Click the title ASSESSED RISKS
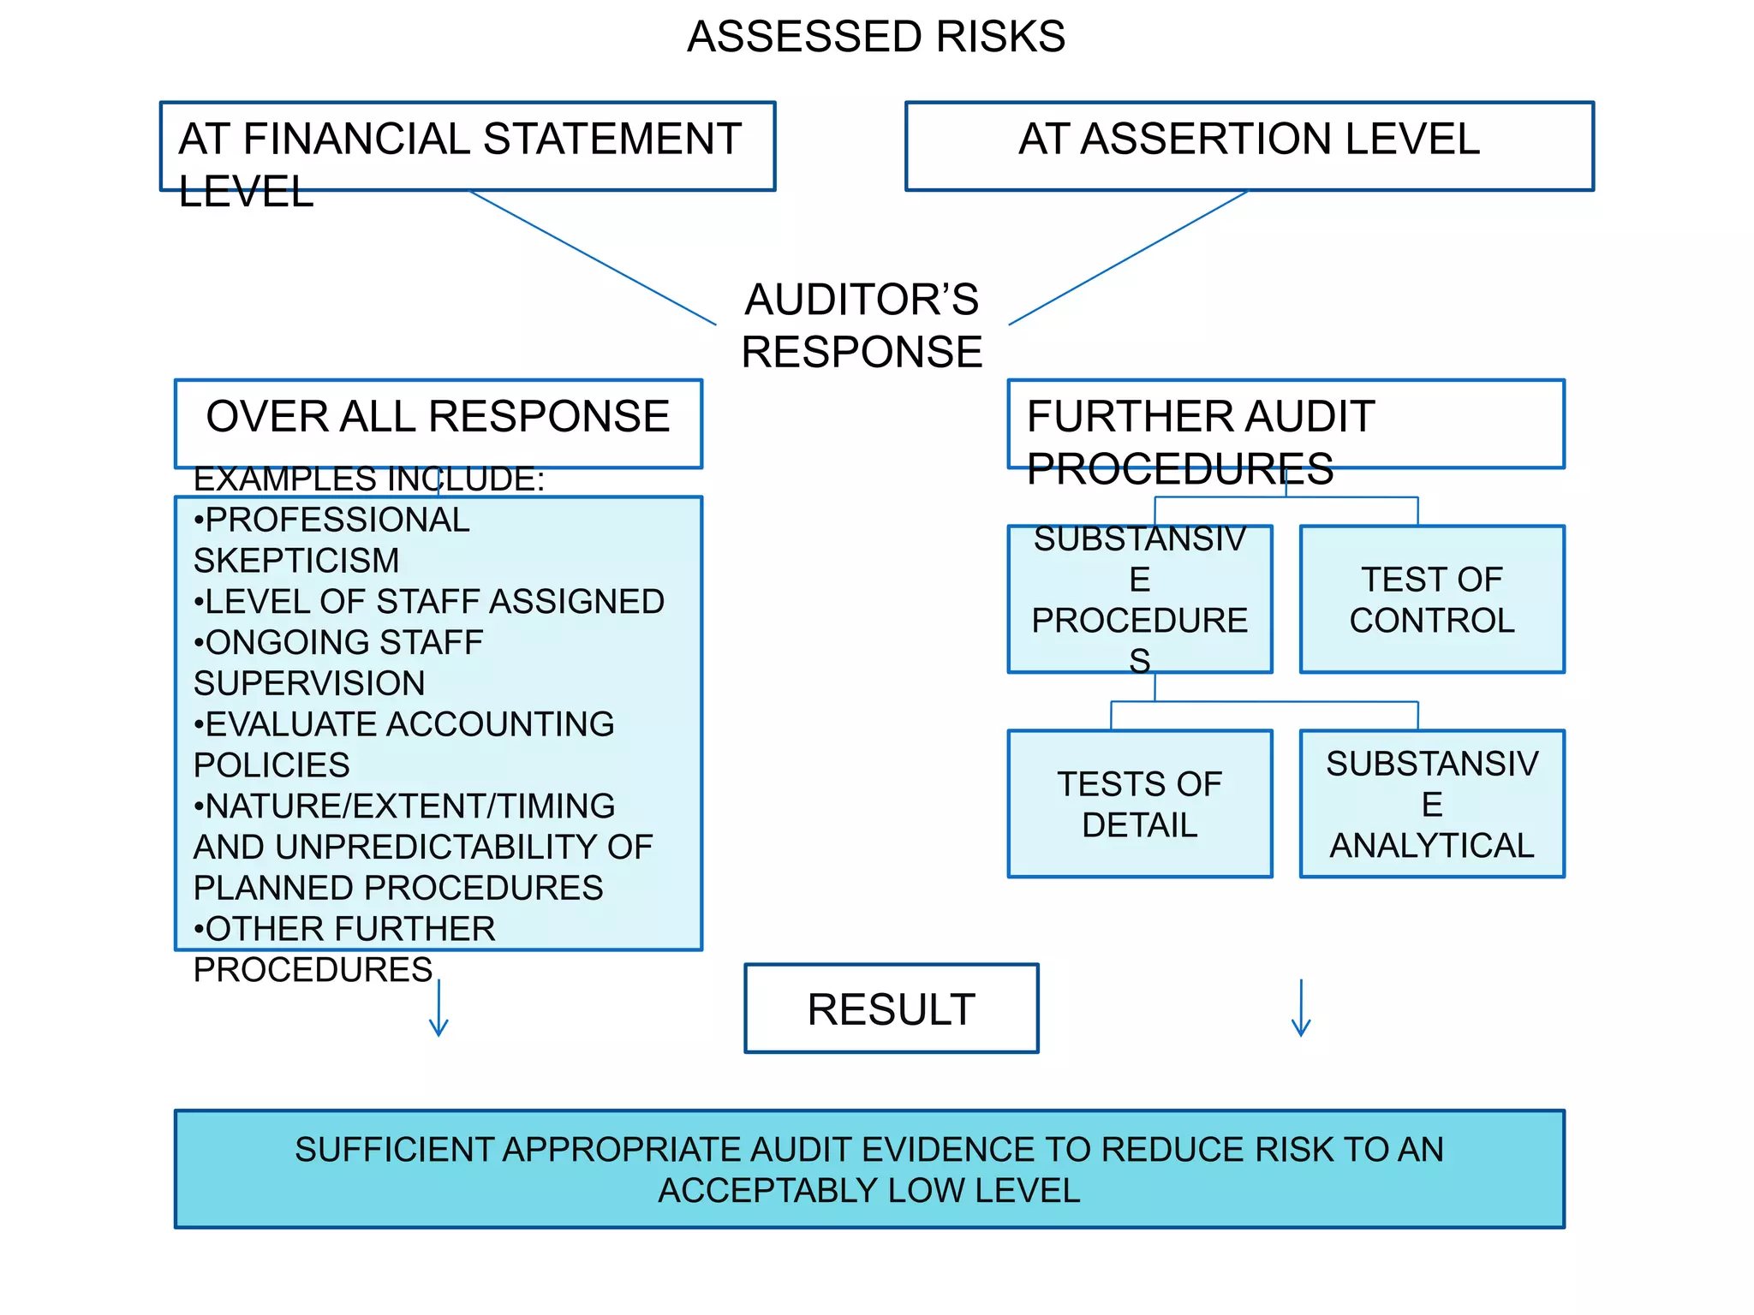pyautogui.click(x=876, y=37)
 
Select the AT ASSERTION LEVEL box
pyautogui.click(x=1249, y=146)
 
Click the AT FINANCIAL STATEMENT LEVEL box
pyautogui.click(x=468, y=146)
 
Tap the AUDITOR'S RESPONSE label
pyautogui.click(x=862, y=326)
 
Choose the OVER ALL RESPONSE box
pyautogui.click(x=438, y=423)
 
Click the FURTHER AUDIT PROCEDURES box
pyautogui.click(x=1286, y=424)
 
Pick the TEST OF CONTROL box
pyautogui.click(x=1431, y=599)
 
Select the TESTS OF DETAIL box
pyautogui.click(x=1139, y=804)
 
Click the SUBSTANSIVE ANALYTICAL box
pyautogui.click(x=1431, y=804)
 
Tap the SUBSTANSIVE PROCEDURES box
pyautogui.click(x=1139, y=599)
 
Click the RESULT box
pyautogui.click(x=891, y=1009)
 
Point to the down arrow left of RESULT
pyautogui.click(x=438, y=1010)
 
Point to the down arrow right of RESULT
pyautogui.click(x=1301, y=1010)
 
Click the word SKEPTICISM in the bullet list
pyautogui.click(x=296, y=561)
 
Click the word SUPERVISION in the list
pyautogui.click(x=309, y=683)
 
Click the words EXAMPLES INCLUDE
pyautogui.click(x=368, y=479)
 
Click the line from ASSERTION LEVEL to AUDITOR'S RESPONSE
pyautogui.click(x=1128, y=258)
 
